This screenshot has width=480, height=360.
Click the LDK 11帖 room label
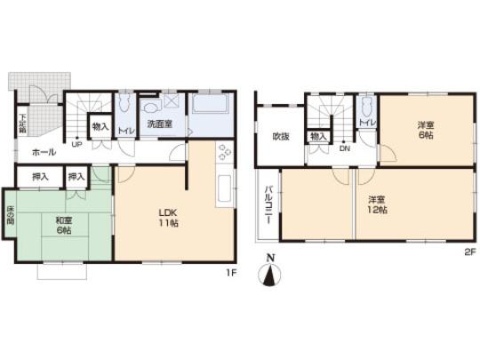pos(169,217)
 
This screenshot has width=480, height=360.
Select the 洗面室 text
pos(159,124)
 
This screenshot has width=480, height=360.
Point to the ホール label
pos(44,152)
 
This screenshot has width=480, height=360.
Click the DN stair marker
pos(342,148)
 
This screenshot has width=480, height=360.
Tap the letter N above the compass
pos(269,259)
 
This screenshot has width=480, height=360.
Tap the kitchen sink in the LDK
pos(223,189)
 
